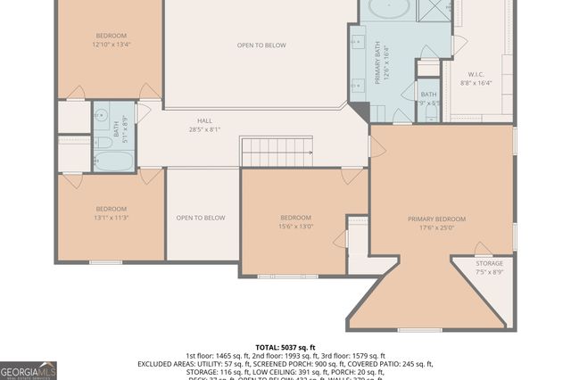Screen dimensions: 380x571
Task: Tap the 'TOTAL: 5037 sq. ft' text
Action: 285,347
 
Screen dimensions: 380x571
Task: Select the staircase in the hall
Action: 276,152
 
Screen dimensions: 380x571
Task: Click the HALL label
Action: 205,121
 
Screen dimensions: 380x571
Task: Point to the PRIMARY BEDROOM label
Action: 436,219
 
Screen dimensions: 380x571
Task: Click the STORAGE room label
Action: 488,263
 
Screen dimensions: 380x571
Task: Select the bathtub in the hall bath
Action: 113,161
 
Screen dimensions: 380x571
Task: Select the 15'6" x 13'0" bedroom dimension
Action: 296,227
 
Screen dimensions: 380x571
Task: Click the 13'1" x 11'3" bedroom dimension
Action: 112,217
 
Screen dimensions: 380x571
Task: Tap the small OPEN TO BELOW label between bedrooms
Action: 201,218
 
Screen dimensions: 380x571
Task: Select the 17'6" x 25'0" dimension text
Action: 436,227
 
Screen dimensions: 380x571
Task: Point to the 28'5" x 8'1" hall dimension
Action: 205,130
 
